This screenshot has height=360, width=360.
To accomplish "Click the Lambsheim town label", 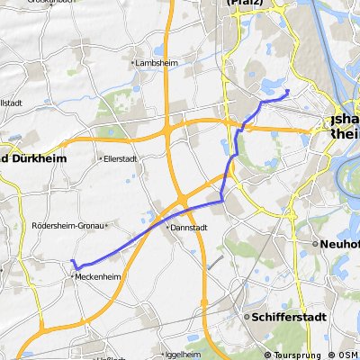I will click(154, 64).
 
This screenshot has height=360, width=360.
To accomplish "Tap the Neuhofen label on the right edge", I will click(340, 244).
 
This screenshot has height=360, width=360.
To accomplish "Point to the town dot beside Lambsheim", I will click(133, 64).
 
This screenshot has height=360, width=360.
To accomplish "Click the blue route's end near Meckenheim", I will click(72, 261).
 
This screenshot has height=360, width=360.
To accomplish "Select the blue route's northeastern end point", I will click(287, 91).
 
